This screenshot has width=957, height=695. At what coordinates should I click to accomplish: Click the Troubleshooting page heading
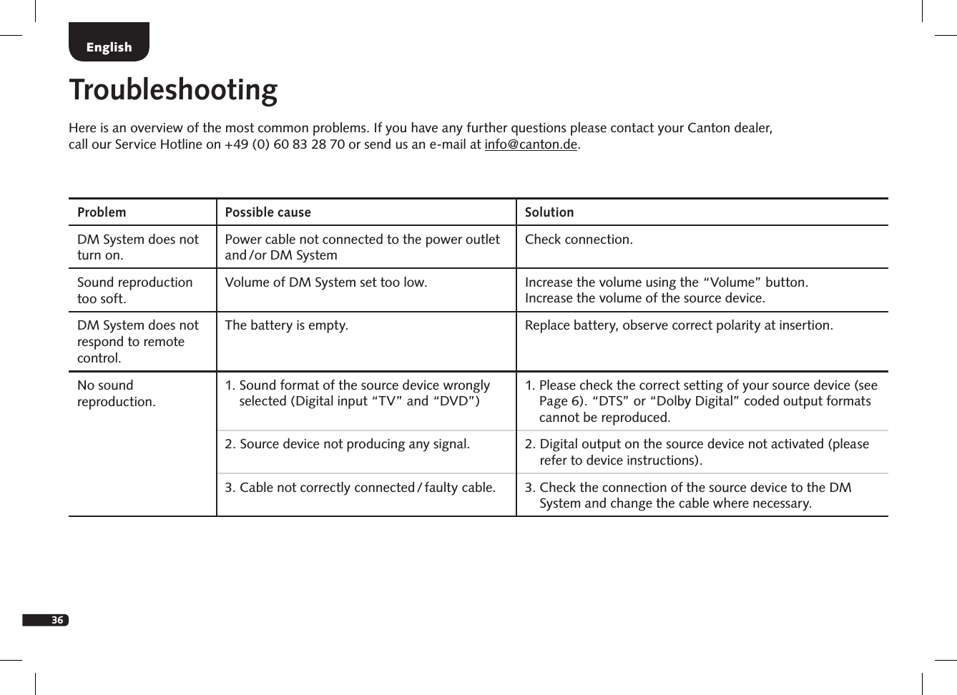[173, 90]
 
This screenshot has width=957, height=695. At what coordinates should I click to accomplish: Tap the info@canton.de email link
[530, 144]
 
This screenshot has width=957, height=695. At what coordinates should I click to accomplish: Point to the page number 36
[57, 619]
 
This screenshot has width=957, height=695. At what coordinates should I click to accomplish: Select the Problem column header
[102, 212]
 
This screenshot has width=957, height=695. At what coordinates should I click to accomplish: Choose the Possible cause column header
[268, 212]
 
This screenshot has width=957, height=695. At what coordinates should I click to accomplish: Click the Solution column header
[549, 212]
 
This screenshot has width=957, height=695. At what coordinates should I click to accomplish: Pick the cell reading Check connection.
[578, 240]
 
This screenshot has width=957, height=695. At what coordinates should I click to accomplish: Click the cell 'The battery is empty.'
[286, 325]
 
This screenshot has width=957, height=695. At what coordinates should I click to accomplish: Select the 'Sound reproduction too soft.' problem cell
[134, 290]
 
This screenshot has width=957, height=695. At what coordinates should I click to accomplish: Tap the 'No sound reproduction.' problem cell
[116, 393]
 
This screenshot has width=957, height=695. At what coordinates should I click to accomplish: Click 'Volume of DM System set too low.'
[325, 282]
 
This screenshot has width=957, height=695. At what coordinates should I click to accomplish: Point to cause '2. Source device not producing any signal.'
[347, 444]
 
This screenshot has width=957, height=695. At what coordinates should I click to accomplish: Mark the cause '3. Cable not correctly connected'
[360, 488]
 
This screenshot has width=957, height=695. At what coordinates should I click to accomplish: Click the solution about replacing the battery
[678, 325]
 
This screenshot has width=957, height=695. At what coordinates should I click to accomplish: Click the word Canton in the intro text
[708, 128]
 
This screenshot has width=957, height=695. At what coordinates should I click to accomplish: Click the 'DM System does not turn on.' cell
[137, 247]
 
